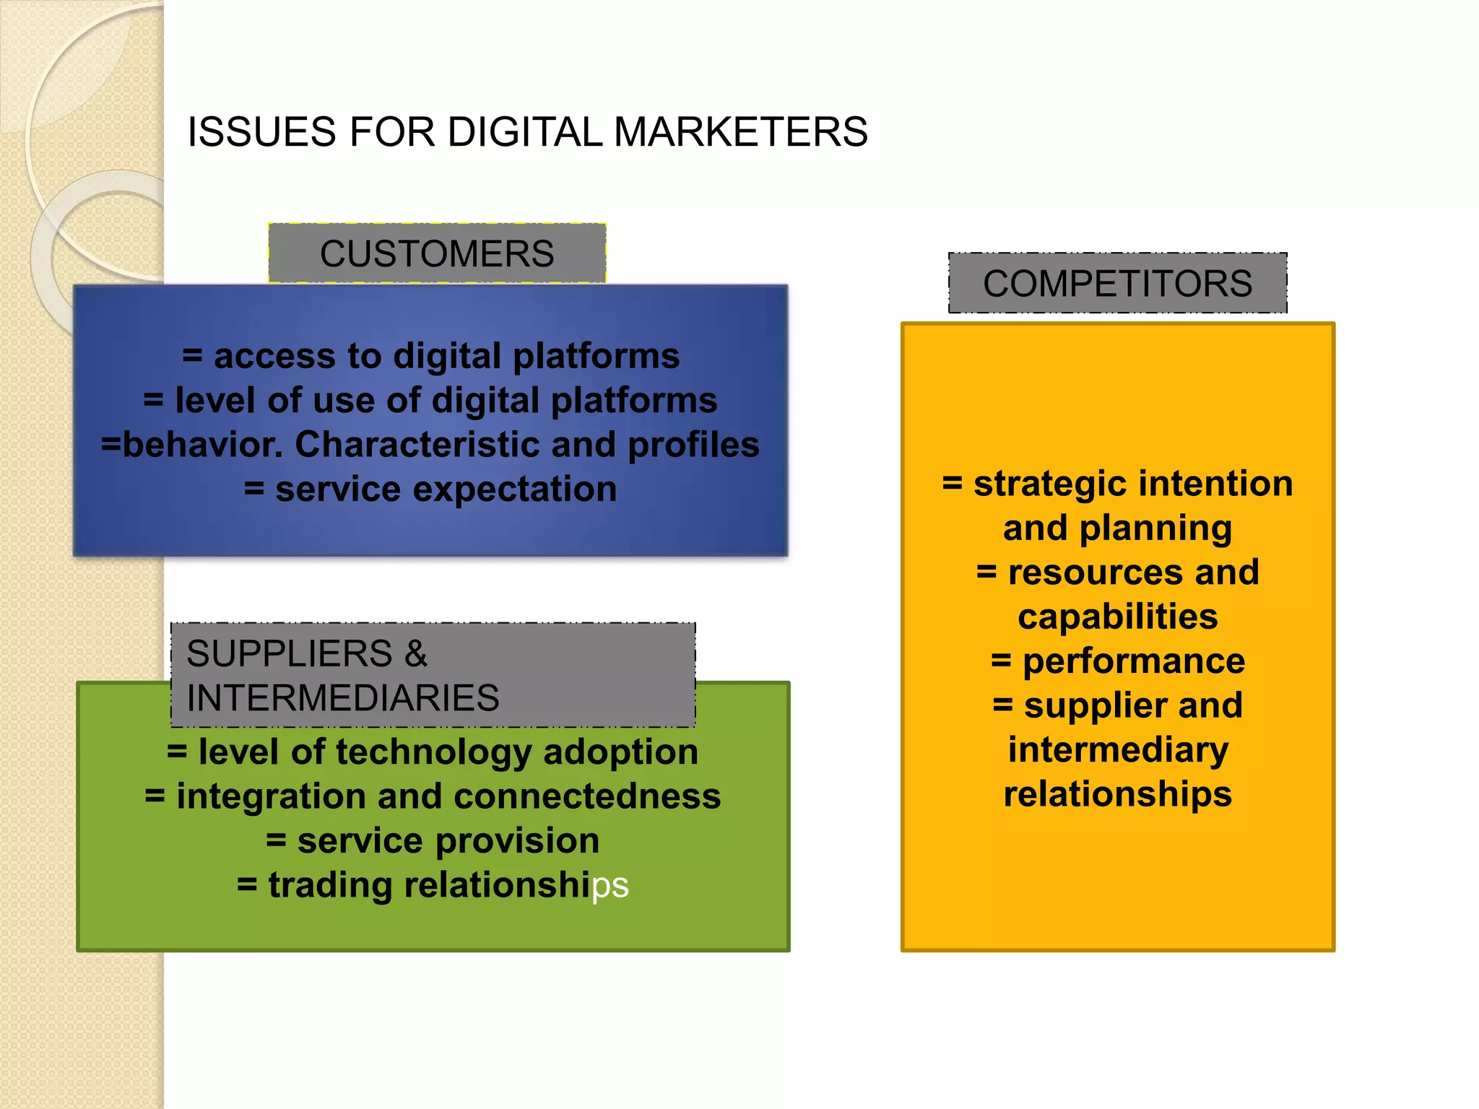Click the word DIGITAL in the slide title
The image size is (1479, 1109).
pyautogui.click(x=524, y=132)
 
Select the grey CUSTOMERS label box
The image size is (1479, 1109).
pyautogui.click(x=437, y=253)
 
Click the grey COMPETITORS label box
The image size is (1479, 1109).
pyautogui.click(x=1117, y=283)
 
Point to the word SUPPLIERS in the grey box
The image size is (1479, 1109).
pyautogui.click(x=289, y=653)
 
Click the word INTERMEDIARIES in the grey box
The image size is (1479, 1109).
pyautogui.click(x=342, y=698)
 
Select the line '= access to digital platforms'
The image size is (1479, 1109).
pyautogui.click(x=431, y=356)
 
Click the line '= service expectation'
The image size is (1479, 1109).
pyautogui.click(x=431, y=490)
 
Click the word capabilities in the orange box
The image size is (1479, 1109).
pyautogui.click(x=1117, y=617)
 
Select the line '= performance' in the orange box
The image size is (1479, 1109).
pyautogui.click(x=1117, y=661)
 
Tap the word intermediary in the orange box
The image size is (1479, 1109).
pyautogui.click(x=1117, y=750)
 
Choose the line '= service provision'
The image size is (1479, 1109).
pyautogui.click(x=433, y=841)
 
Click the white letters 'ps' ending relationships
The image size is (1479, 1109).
pyautogui.click(x=610, y=886)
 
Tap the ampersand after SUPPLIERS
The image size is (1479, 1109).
pyautogui.click(x=415, y=653)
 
